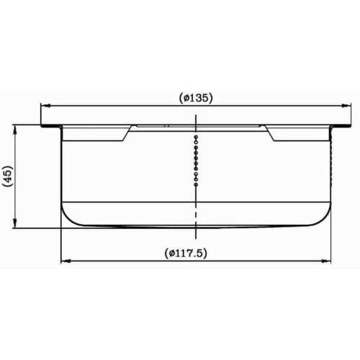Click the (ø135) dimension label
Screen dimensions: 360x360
point(195,97)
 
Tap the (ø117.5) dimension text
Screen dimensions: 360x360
point(196,253)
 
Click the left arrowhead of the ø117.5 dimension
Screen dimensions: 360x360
point(63,261)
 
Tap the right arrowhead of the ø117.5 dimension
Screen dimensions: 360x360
point(330,261)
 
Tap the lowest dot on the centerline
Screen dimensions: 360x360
point(196,184)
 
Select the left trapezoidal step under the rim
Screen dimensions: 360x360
point(96,133)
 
